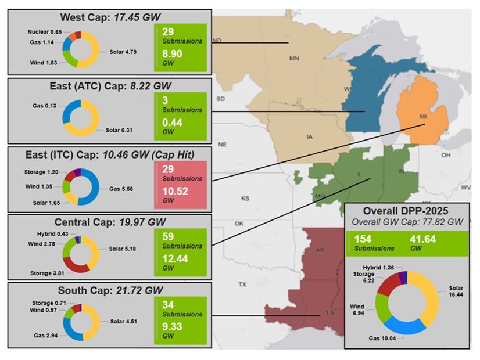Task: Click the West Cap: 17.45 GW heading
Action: pos(109,17)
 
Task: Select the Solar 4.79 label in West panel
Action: pos(124,52)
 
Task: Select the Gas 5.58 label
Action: pos(123,188)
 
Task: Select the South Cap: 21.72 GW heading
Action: pos(110,290)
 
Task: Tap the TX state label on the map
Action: pos(242,285)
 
